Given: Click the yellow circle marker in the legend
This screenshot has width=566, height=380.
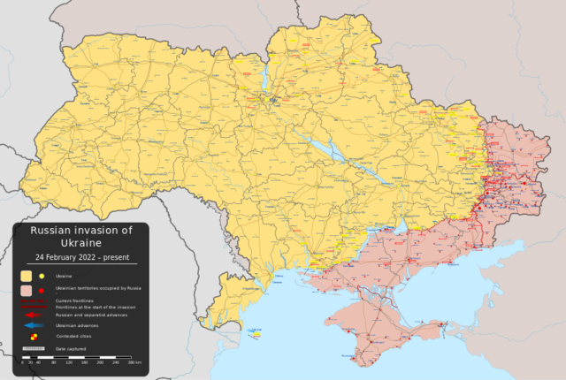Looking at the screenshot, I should pos(42,276).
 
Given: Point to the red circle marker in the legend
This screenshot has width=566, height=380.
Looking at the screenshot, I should pos(42,289).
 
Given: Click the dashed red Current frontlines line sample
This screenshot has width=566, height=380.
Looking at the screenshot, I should pos(33,300).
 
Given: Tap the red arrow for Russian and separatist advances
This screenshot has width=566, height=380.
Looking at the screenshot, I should pos(33,314).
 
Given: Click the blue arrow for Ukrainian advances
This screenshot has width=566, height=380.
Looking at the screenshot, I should pos(33,325).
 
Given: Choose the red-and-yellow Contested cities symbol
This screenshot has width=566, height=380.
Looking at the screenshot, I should pos(34,337).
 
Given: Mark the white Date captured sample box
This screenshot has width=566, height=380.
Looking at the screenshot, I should pos(33,349).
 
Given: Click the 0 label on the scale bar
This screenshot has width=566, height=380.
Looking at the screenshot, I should pos(23,362).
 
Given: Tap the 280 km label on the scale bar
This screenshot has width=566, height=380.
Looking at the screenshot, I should pos(134,362).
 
